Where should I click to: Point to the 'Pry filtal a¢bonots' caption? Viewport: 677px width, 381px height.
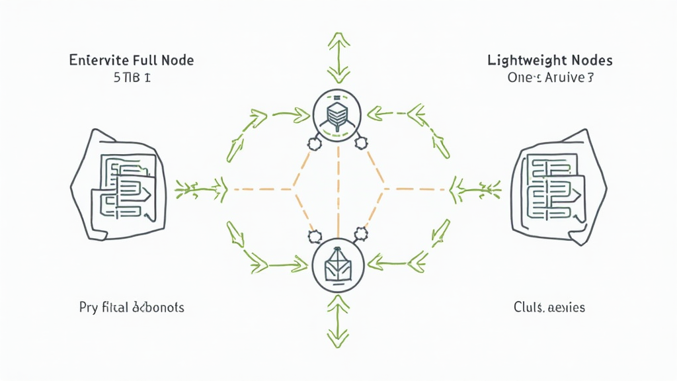click(131, 308)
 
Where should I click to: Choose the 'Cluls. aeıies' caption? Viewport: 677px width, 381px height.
click(549, 308)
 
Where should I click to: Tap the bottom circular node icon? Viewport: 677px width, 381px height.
click(338, 265)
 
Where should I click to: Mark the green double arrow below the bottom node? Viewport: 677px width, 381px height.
click(338, 321)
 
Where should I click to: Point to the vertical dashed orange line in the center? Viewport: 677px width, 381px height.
click(338, 189)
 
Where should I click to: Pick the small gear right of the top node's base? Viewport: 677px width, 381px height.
click(361, 141)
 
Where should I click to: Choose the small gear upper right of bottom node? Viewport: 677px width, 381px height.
click(361, 233)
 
